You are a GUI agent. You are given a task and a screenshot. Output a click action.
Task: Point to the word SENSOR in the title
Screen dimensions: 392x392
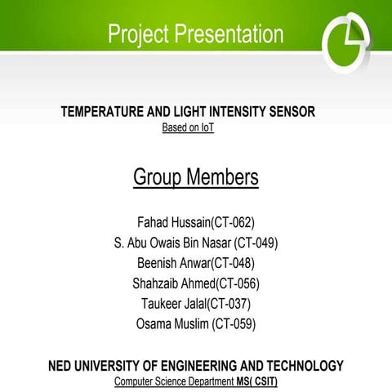[x=287, y=112]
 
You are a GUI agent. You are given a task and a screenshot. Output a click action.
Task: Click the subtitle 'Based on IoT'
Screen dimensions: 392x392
[x=188, y=128]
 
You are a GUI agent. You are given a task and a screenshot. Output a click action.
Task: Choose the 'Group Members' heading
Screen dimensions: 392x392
[x=196, y=177]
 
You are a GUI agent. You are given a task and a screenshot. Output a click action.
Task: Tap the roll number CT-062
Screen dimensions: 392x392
[x=233, y=221]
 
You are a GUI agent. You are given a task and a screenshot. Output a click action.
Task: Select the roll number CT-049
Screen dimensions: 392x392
[x=256, y=243]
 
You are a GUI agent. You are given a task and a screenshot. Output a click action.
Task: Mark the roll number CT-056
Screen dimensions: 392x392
[x=238, y=283]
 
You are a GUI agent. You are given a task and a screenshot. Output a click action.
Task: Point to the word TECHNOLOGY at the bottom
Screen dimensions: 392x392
[x=296, y=366]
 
